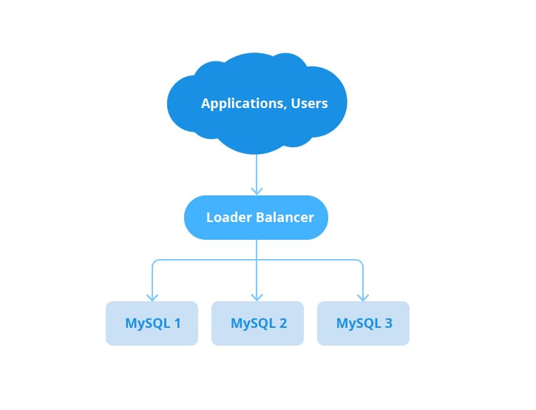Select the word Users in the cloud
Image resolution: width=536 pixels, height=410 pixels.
309,104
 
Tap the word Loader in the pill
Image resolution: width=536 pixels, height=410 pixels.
229,218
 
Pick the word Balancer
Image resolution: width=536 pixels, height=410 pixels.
285,218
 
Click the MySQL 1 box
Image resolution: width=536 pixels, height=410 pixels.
152,323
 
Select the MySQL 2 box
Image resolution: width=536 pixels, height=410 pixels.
257,323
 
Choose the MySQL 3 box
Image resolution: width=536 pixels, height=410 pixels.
364,323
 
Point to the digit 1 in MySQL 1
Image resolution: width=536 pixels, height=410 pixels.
177,323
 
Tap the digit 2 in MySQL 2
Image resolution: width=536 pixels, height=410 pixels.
283,323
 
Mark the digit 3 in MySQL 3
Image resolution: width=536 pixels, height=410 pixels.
389,323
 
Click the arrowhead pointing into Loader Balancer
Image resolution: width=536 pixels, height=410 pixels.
257,191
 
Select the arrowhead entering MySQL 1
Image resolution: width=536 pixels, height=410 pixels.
152,297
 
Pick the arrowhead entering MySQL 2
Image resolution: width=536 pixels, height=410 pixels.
257,297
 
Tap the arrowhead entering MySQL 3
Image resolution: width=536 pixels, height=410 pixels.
363,297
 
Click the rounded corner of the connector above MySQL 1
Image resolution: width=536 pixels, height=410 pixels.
154,261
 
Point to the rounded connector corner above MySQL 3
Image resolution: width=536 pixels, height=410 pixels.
361,261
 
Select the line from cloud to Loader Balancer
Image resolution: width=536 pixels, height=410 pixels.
257,174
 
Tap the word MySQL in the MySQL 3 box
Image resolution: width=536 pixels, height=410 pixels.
359,323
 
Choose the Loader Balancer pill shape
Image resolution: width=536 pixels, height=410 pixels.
256,218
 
